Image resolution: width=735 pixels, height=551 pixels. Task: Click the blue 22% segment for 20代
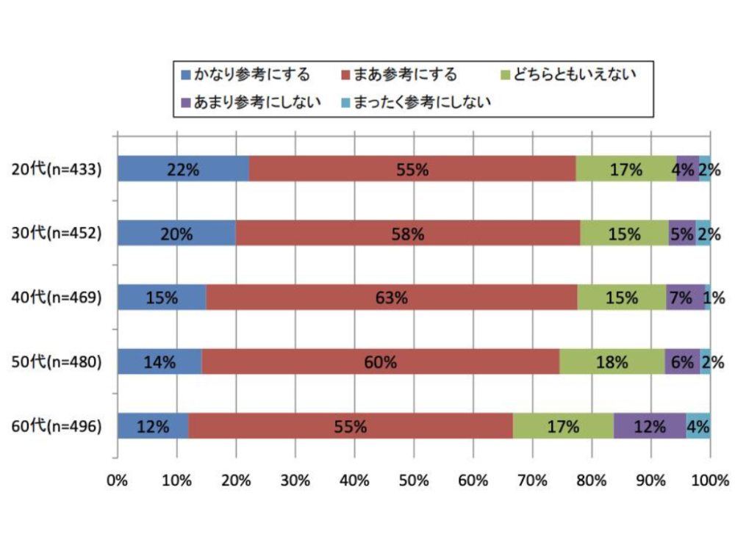(x=183, y=169)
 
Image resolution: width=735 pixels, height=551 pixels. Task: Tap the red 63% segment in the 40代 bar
(x=392, y=298)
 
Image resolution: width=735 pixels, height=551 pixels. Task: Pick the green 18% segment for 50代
(x=612, y=361)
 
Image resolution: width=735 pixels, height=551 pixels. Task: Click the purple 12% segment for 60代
(x=650, y=425)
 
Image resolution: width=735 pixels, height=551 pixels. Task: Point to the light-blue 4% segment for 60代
(x=698, y=425)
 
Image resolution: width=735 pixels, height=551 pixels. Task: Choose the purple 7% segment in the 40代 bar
(x=685, y=298)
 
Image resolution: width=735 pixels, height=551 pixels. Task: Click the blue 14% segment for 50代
(x=159, y=361)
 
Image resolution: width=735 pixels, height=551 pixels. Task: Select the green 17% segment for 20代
(x=626, y=169)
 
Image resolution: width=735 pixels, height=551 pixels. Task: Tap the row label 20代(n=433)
(x=57, y=170)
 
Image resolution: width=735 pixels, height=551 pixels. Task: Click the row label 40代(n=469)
(x=57, y=298)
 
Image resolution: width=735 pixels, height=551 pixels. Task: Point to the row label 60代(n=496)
(x=57, y=426)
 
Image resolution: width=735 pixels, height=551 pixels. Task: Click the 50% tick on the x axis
(x=413, y=481)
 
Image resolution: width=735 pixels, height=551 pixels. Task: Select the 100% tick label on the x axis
(x=709, y=481)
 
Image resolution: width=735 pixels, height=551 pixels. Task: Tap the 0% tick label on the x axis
(x=117, y=481)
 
